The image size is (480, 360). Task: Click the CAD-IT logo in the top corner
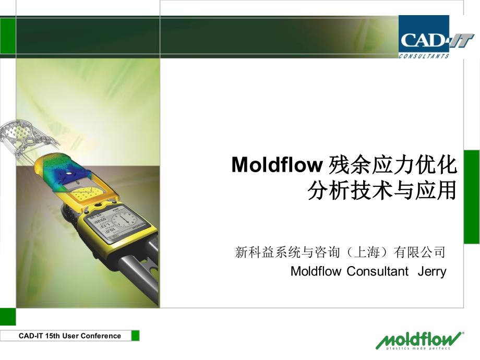pos(437,37)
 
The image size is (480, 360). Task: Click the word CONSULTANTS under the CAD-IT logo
pos(424,56)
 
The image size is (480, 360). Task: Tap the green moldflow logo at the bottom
pos(419,340)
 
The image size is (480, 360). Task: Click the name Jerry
pos(432,271)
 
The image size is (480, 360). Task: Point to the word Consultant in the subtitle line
pos(377,271)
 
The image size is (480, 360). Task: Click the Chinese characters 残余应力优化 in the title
pos(393,165)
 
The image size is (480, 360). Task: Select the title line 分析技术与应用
pos(382,190)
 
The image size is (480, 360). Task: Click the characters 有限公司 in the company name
pos(419,252)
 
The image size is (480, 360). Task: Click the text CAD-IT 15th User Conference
pos(70,336)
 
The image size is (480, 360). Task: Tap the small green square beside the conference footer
pos(135,336)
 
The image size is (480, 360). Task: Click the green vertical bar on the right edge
pos(472,197)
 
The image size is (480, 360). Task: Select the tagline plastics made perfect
pos(418,348)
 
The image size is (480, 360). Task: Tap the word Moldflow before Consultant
pos(316,271)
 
